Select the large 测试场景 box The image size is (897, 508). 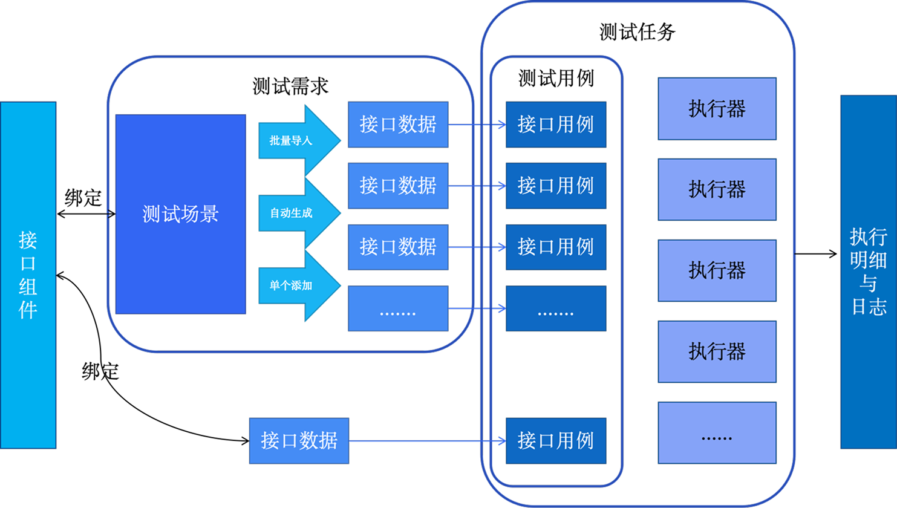pos(180,214)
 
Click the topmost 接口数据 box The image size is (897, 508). pos(398,125)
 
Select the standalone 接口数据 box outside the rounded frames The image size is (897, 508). pos(299,441)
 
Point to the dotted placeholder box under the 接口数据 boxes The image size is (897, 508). pos(398,308)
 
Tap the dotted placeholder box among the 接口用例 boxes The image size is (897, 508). pos(556,308)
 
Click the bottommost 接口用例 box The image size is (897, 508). pos(556,441)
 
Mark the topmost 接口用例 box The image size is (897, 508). pos(556,125)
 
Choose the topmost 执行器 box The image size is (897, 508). pos(717,109)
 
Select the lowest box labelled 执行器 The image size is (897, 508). pos(717,351)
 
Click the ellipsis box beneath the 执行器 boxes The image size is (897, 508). pos(717,433)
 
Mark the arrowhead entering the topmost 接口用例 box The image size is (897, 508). pos(502,125)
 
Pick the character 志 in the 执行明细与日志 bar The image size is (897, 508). pos(869,306)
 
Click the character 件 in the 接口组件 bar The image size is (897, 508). pos(28,309)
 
